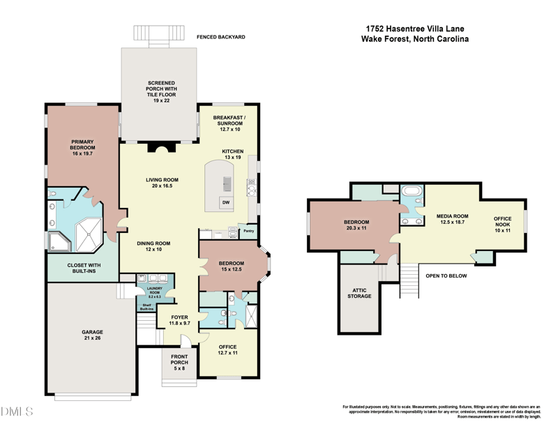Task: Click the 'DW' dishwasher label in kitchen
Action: [225, 202]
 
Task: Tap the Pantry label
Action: [247, 232]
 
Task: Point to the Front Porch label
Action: [179, 363]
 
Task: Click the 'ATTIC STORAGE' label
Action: [360, 292]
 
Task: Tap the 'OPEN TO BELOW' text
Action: [446, 275]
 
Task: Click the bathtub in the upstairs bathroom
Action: [410, 190]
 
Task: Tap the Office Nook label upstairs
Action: [503, 224]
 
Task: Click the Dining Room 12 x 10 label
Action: [153, 245]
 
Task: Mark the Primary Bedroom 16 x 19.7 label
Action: [82, 149]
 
